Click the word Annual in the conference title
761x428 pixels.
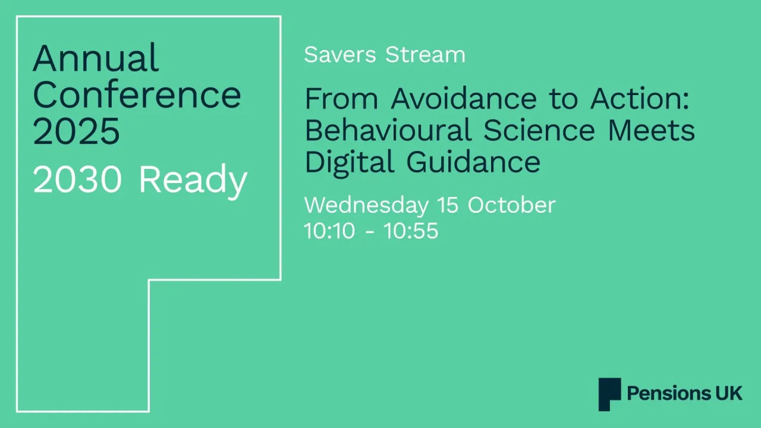tap(96, 58)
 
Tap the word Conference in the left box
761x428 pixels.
tap(137, 95)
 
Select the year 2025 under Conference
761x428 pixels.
tap(76, 131)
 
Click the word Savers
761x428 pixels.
tap(340, 55)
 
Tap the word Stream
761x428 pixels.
tap(425, 55)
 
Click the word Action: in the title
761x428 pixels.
tap(640, 99)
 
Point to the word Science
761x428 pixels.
tap(539, 130)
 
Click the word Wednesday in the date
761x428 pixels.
tap(366, 206)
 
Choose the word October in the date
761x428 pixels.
tap(511, 205)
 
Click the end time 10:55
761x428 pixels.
tap(411, 231)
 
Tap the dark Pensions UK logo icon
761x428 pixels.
tap(609, 394)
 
